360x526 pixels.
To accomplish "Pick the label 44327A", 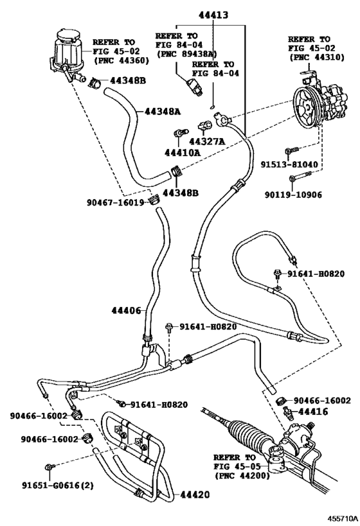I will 206,141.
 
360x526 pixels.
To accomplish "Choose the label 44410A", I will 183,154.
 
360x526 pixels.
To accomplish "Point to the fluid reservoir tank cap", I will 66,35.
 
